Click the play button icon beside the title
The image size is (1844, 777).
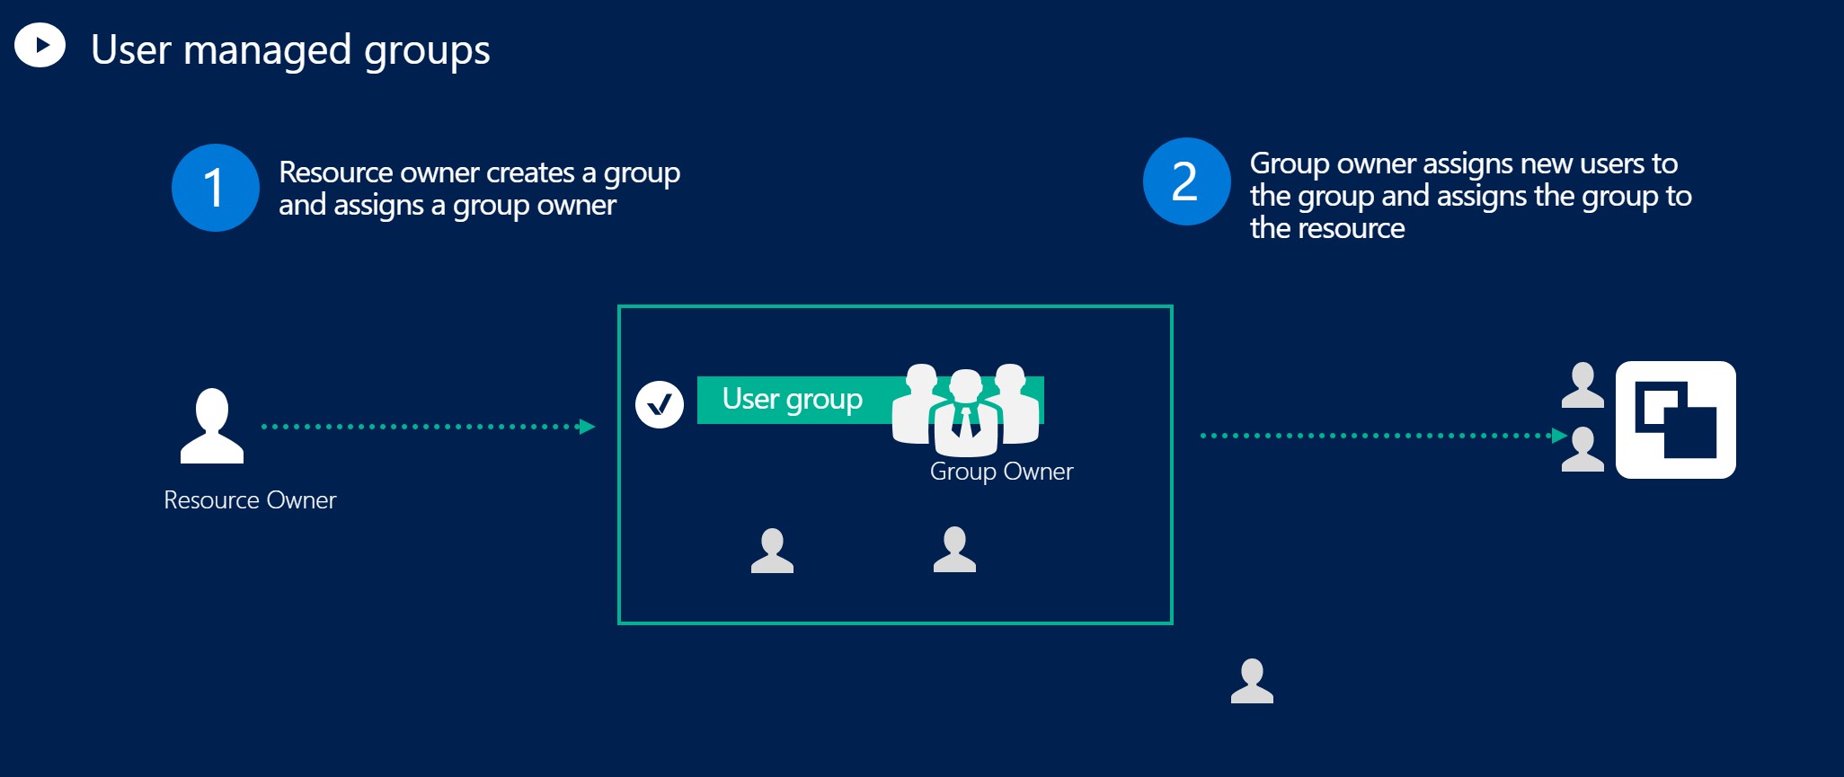click(x=40, y=45)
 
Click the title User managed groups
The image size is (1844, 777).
click(x=290, y=49)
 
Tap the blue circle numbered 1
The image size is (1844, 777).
click(x=216, y=188)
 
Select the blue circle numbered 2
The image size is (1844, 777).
click(x=1186, y=181)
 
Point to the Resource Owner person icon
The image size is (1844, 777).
click(x=212, y=427)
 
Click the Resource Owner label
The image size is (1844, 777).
click(x=250, y=500)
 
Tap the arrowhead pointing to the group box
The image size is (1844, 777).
click(x=588, y=427)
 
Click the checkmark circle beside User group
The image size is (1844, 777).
click(x=660, y=405)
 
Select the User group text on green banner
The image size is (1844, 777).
click(x=792, y=399)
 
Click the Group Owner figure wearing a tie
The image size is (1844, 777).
click(x=966, y=414)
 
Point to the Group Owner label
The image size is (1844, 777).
click(x=1001, y=472)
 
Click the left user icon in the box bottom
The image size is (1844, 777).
click(x=772, y=551)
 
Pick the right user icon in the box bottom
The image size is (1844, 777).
click(x=954, y=550)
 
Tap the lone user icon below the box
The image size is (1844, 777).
click(x=1252, y=681)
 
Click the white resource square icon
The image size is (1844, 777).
click(x=1675, y=419)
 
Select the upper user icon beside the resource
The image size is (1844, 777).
click(x=1582, y=385)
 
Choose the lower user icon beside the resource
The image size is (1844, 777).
click(x=1582, y=449)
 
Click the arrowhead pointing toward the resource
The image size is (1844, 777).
click(x=1560, y=436)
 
